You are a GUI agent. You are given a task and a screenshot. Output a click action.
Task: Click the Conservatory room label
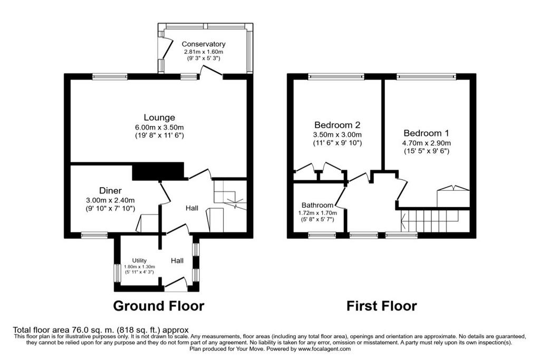pos(204,44)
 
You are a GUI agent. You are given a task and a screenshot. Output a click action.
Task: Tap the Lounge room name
pos(159,118)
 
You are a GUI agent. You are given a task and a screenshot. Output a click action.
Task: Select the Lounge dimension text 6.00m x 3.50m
pos(159,127)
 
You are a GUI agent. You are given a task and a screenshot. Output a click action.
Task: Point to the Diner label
pos(110,190)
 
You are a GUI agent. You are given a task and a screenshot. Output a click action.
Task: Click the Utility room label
pos(139,260)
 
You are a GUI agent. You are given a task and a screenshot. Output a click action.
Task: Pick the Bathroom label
pos(317,206)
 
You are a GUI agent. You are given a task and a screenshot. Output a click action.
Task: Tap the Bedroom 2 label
pos(337,124)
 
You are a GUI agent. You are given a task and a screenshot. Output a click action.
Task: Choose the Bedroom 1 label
pos(426,133)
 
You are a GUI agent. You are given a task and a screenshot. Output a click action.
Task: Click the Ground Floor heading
pos(159,306)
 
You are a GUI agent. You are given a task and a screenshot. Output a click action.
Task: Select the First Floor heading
pos(382,306)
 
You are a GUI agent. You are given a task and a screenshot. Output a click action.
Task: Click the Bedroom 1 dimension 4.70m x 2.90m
pos(426,143)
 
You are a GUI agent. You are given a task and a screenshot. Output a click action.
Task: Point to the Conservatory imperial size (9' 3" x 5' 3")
pos(204,58)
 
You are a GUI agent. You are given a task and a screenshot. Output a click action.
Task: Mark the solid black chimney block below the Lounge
pos(158,171)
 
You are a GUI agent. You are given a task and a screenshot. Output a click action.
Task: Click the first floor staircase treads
pos(430,221)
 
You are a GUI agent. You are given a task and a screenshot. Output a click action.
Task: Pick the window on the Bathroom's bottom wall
pos(322,236)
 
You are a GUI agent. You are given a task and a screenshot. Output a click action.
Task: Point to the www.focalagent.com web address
pos(325,348)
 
